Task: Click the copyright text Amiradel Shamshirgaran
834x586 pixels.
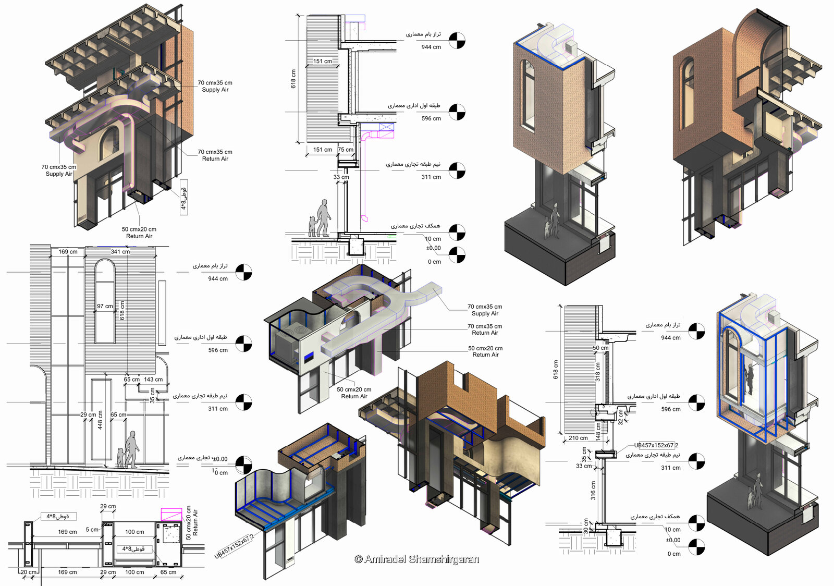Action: (416, 559)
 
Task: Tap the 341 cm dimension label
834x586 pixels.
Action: (120, 252)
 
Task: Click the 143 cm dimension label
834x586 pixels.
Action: (153, 380)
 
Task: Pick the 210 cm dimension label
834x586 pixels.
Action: (578, 438)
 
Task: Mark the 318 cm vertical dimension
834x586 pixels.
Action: (598, 372)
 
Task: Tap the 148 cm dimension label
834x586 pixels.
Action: (598, 430)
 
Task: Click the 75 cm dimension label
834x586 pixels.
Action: (345, 150)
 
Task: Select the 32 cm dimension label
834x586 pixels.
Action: (621, 417)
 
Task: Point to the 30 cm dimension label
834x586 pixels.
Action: (586, 526)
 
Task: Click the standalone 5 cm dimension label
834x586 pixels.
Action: (92, 530)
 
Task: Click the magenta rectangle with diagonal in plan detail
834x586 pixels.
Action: (171, 514)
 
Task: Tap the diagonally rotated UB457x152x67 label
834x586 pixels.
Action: (235, 545)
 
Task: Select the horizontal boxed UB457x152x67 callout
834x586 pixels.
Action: (656, 445)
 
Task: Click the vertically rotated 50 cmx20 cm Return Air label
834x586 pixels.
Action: (192, 522)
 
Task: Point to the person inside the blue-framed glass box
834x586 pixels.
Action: (749, 379)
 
